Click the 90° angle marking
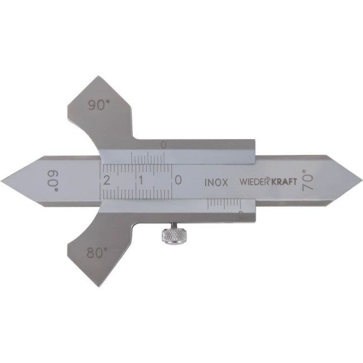[98, 105]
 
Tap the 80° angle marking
[97, 252]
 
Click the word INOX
[216, 183]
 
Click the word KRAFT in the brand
[284, 182]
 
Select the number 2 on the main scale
[107, 180]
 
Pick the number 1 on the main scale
[141, 180]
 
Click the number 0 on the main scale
[178, 180]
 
